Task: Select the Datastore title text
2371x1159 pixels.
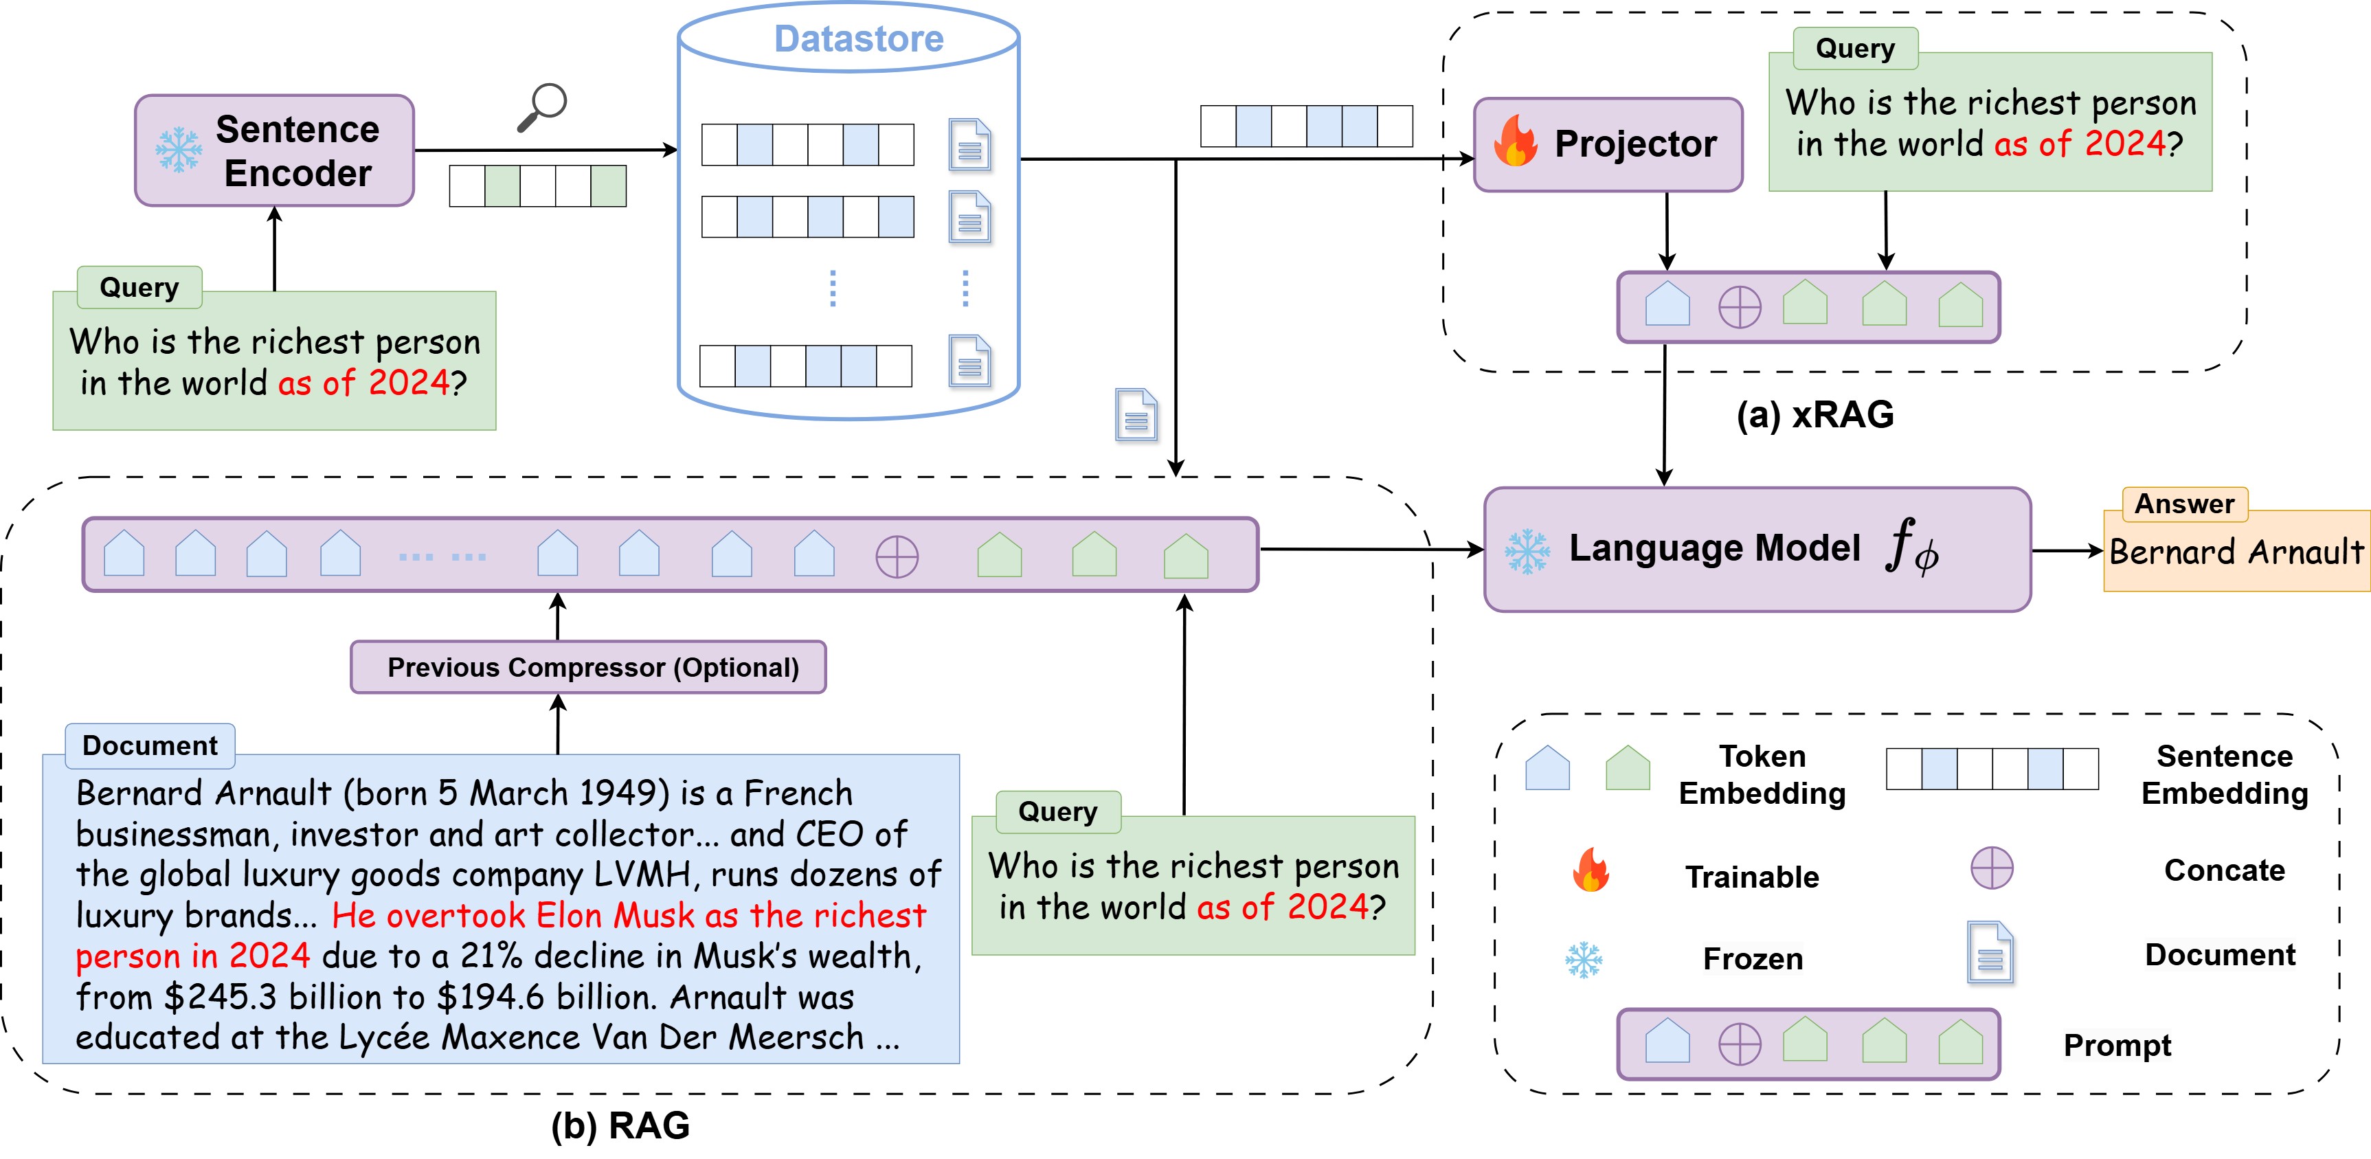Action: tap(858, 38)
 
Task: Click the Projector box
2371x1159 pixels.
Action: tap(1607, 144)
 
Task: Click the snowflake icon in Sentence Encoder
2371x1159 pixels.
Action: tap(178, 150)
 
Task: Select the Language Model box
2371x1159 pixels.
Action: tap(1756, 550)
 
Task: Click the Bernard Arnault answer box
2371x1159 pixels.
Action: tap(2236, 552)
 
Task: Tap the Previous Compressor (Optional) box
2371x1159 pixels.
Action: tap(588, 667)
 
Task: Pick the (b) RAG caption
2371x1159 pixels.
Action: tap(620, 1125)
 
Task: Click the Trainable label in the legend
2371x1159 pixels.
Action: tap(1751, 877)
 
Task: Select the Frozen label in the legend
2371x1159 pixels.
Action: tap(1751, 958)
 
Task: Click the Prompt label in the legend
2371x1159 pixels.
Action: tap(2116, 1045)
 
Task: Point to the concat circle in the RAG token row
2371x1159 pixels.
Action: tap(897, 557)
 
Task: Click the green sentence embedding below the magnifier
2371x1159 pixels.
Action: tap(537, 186)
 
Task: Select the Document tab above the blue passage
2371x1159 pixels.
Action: tap(150, 745)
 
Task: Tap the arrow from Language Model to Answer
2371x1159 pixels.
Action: tap(2067, 552)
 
